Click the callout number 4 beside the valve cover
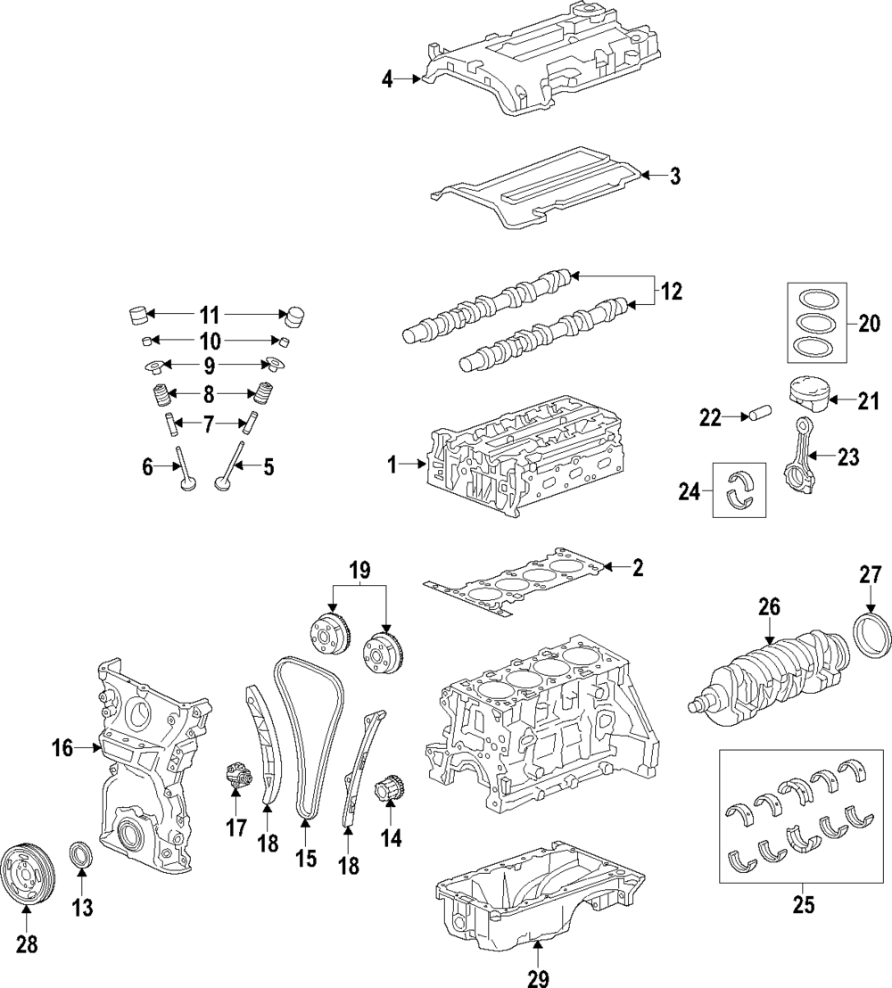(x=387, y=80)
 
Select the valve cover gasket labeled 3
(x=535, y=187)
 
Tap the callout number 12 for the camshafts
(x=672, y=291)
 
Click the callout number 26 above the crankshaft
(x=770, y=608)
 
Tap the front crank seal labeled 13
(x=79, y=854)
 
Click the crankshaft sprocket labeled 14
(x=390, y=789)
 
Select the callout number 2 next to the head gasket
(x=637, y=567)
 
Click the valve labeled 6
(x=185, y=470)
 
